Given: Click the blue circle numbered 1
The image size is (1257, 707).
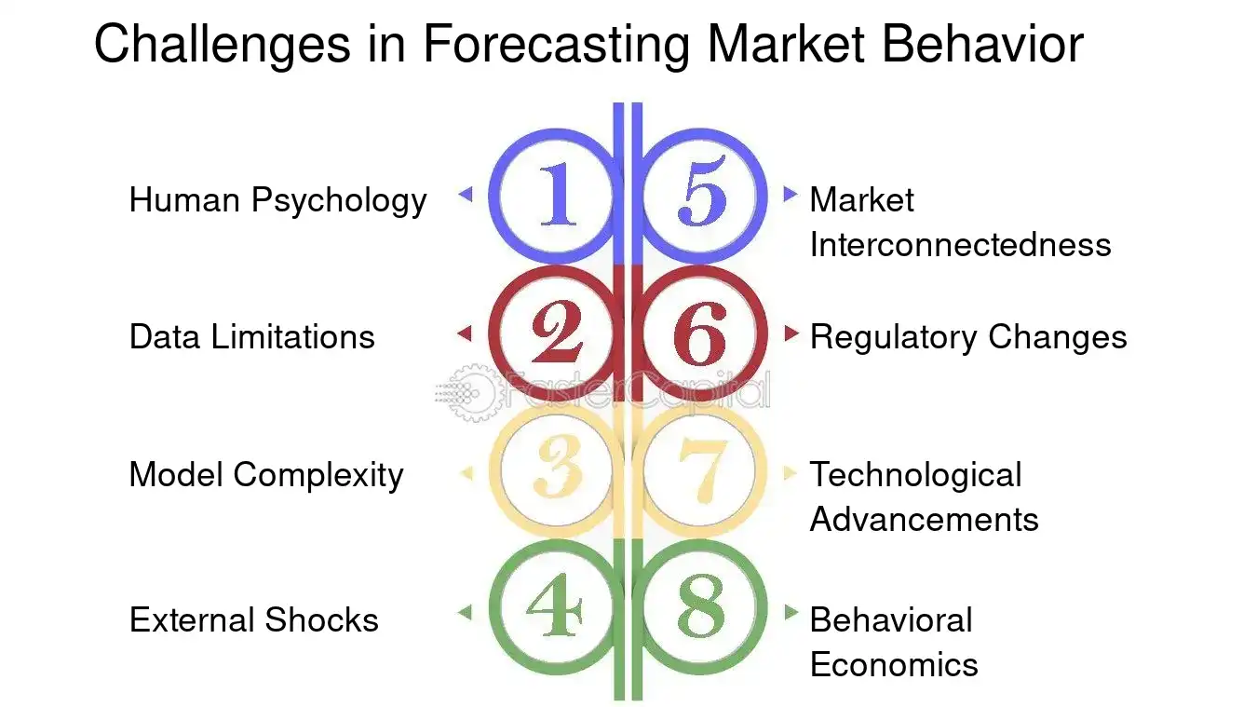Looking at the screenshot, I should pos(555,196).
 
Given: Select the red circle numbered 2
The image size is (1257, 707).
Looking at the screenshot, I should pos(555,333).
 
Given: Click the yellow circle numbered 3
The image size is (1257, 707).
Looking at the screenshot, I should pos(555,473).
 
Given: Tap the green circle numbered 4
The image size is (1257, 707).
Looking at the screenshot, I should pos(555,611).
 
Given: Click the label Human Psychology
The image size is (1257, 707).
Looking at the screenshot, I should pos(277,200).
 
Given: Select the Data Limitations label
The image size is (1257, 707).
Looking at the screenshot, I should pos(251,336).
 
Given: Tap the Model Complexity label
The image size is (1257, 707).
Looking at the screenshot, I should pos(265,475).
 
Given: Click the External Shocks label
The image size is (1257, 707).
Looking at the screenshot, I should pos(253,620).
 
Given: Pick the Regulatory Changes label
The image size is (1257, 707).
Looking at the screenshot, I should pos(967,336).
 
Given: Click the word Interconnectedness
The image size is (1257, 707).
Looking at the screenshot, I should pos(960,245).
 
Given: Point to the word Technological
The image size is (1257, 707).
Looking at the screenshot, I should pos(915,475).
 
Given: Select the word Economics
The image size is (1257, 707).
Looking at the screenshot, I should pos(894,665).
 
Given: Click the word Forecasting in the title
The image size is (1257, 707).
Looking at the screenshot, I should pos(558,44).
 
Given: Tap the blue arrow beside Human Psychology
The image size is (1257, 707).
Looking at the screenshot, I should pos(466,195).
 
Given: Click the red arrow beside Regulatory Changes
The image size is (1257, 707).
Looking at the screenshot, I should pos(791,333).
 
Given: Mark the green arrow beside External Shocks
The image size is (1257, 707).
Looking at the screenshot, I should pos(465,612).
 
